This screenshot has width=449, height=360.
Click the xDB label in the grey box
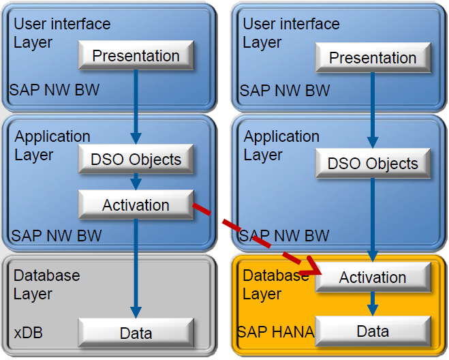coord(27,333)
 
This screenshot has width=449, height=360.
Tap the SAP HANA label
coord(275,332)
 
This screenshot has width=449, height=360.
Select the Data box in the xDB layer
coord(136,333)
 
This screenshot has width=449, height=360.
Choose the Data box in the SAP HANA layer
coord(372,331)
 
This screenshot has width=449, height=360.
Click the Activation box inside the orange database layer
coord(372,277)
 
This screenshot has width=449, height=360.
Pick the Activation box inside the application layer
coord(136,205)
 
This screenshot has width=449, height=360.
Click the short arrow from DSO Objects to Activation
coord(136,181)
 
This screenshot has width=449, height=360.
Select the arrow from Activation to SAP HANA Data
coord(372,303)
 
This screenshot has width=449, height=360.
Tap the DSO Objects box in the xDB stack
coord(136,160)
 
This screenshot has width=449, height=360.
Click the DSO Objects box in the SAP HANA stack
coord(372,164)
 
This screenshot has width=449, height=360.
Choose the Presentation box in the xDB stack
coord(136,56)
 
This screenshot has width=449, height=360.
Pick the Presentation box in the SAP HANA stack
coord(372,58)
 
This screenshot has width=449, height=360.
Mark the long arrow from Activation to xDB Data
coord(136,266)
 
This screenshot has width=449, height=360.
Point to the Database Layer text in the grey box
coord(46,285)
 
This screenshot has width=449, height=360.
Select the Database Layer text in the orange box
coord(275,285)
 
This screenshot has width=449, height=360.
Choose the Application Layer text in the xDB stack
coord(52,145)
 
